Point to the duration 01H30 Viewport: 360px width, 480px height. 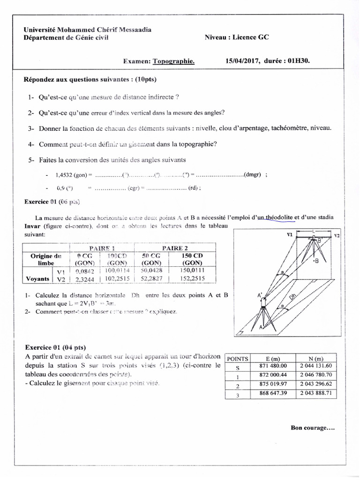coord(297,61)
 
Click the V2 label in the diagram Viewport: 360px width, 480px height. coord(337,234)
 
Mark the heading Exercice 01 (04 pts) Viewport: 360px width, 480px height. coord(55,347)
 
